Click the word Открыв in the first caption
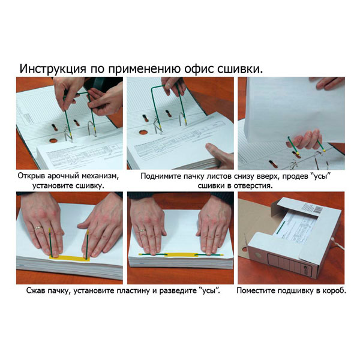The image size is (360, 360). [34, 176]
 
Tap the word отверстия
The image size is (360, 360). [251, 186]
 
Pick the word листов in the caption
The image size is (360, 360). [230, 176]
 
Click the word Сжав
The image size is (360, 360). [37, 290]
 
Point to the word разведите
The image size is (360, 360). [177, 290]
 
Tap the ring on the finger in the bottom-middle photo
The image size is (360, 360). [142, 230]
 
